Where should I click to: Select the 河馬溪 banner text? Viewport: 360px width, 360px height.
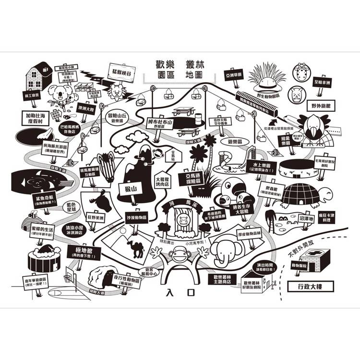180,205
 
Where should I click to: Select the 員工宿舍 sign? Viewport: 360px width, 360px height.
32,96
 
